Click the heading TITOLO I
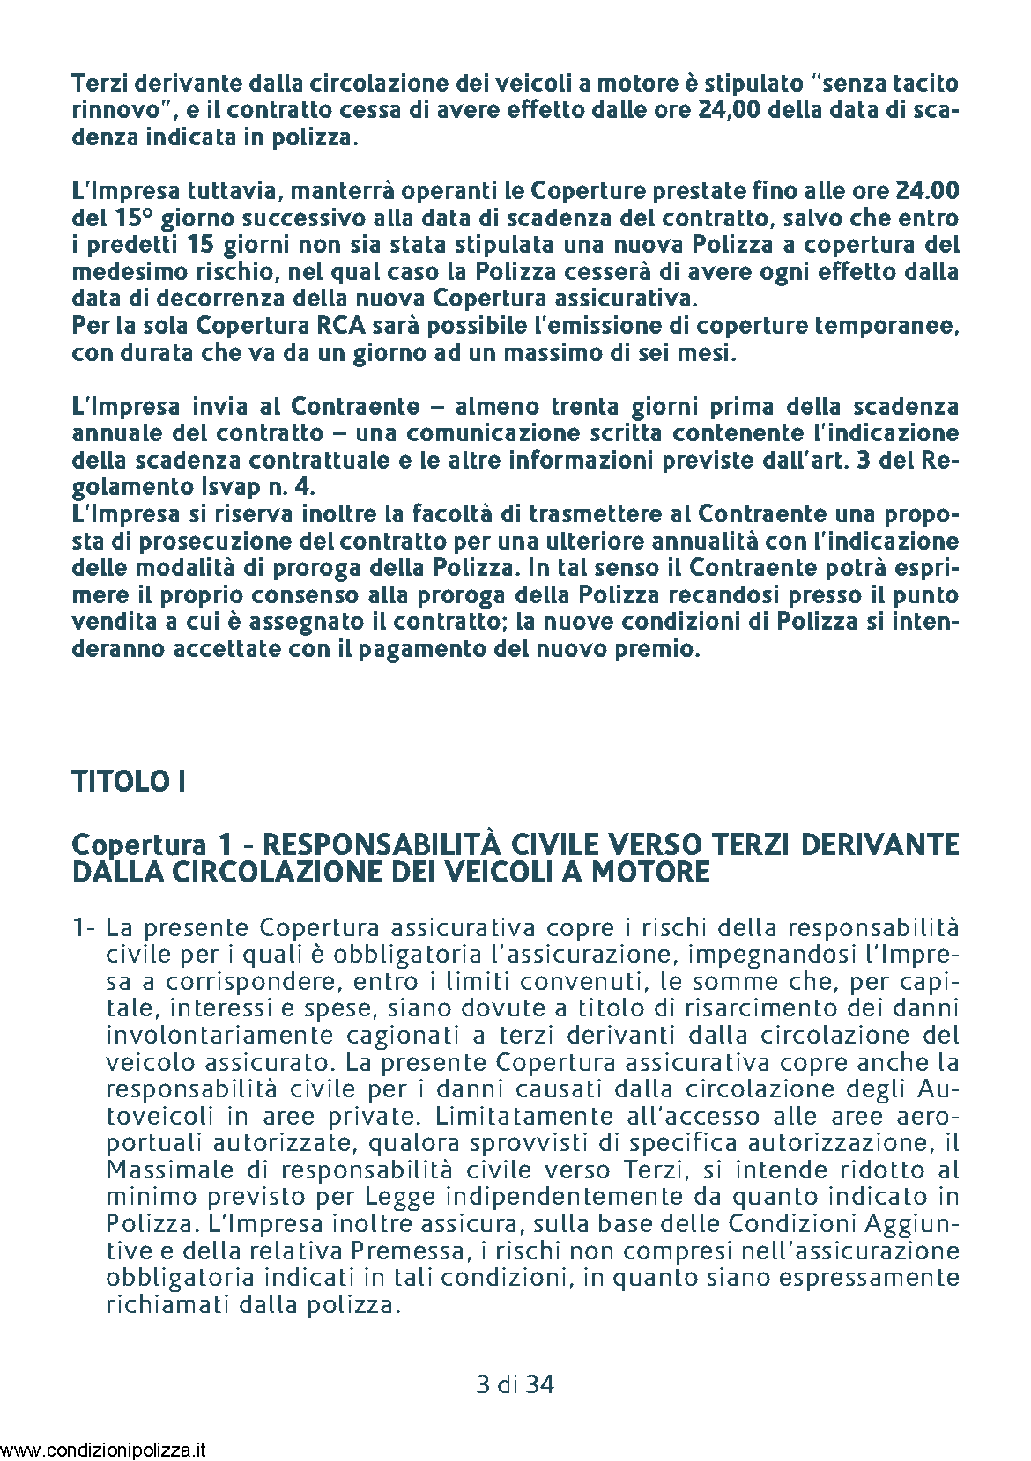click(128, 781)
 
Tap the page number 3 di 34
click(515, 1384)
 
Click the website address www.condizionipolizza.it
click(103, 1449)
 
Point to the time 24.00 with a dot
click(927, 191)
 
